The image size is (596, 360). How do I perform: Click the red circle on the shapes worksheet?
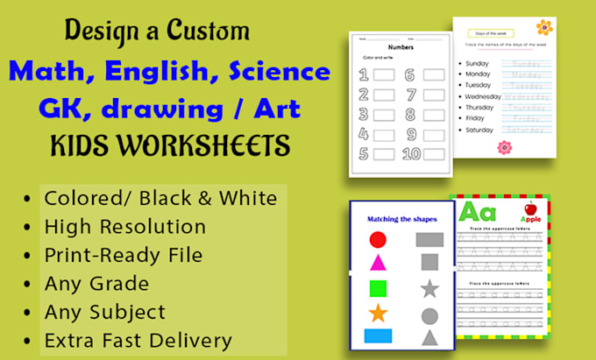[378, 239]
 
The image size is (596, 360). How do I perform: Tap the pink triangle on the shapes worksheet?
[378, 262]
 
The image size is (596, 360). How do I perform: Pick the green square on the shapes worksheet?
[378, 287]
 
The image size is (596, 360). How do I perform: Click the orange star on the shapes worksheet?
[378, 313]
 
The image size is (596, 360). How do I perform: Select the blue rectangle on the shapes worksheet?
[378, 335]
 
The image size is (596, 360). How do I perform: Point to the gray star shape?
[429, 288]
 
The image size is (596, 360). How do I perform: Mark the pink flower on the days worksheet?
[504, 147]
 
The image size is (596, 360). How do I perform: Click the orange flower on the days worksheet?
[545, 27]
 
